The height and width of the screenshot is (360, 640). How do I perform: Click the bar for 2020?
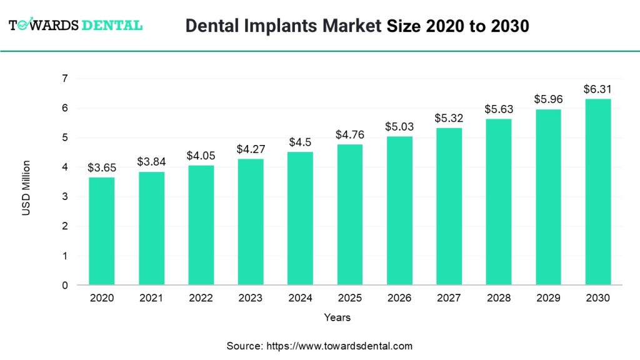click(x=101, y=231)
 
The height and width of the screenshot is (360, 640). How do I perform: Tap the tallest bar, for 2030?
click(x=597, y=192)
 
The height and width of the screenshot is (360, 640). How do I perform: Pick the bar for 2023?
click(x=250, y=222)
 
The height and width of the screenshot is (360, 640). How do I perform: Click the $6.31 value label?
click(x=597, y=89)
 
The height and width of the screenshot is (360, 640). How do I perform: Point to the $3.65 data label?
click(x=101, y=167)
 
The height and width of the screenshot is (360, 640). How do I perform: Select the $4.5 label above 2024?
click(x=300, y=142)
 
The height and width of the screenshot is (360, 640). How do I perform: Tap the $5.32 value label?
click(x=449, y=118)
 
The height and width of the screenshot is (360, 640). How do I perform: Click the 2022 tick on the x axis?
click(x=201, y=298)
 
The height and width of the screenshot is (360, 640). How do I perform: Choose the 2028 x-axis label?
click(x=498, y=298)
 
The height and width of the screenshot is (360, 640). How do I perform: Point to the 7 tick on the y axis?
click(x=64, y=78)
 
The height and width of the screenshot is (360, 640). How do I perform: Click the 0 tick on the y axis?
click(x=64, y=286)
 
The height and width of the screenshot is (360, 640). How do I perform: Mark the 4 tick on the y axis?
click(x=64, y=167)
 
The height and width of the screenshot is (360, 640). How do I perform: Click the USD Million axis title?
click(x=26, y=188)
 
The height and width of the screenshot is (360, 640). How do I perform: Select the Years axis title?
click(x=337, y=317)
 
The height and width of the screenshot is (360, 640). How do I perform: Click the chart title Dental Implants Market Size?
click(x=357, y=26)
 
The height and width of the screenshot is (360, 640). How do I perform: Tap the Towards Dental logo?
click(x=76, y=26)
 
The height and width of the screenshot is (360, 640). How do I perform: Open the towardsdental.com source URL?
click(x=339, y=346)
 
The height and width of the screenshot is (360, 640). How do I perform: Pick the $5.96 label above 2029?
click(x=548, y=99)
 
